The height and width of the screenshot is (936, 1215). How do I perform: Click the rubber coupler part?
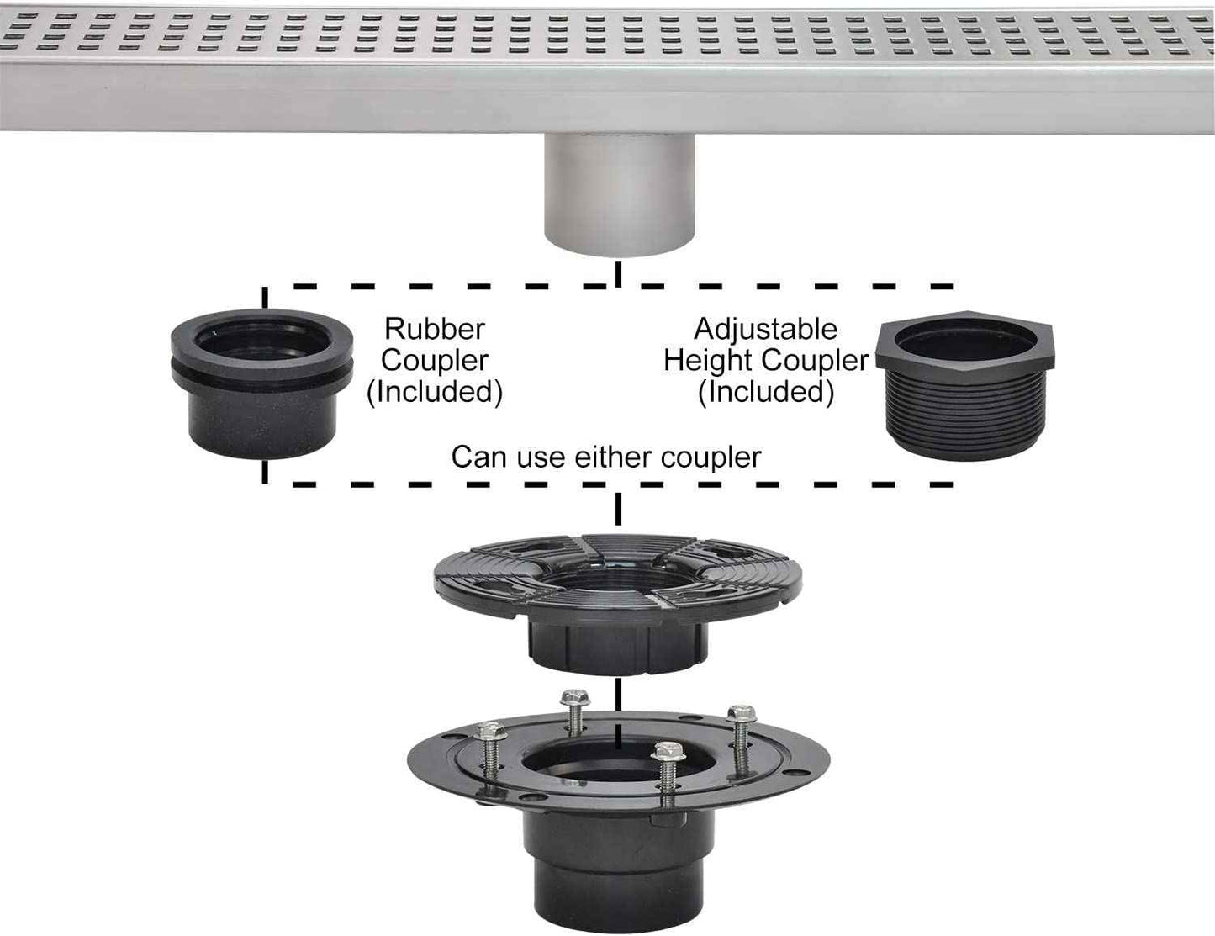(261, 383)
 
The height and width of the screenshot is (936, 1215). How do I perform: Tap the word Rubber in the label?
(435, 328)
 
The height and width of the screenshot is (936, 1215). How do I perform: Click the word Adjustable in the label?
(765, 328)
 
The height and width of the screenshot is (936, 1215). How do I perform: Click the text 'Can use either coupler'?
(605, 457)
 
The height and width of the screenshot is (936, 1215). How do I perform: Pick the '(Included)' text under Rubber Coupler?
(435, 392)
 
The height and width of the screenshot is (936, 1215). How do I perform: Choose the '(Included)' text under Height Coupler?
(766, 392)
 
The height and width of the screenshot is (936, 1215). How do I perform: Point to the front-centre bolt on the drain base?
(665, 774)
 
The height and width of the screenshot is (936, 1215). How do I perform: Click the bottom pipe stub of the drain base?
(619, 891)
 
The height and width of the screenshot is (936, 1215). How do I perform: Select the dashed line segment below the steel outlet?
(619, 273)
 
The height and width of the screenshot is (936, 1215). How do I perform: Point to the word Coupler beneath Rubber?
(435, 360)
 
